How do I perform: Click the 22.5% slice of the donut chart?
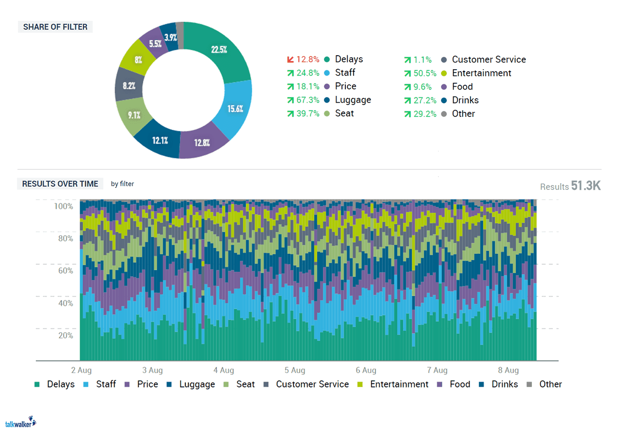[x=219, y=50]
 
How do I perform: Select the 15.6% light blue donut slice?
[x=236, y=108]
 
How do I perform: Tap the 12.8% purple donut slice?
[x=203, y=143]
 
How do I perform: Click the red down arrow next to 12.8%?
[x=290, y=60]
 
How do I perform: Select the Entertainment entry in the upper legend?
[x=481, y=73]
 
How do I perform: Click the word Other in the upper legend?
[x=463, y=114]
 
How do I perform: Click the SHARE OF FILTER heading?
[x=55, y=27]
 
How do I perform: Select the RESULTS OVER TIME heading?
[x=60, y=184]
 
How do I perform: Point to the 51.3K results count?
[x=586, y=186]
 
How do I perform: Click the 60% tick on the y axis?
[x=64, y=271]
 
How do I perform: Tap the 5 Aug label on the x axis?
[x=294, y=370]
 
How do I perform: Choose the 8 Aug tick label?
[x=508, y=370]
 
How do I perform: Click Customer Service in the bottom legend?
[x=312, y=384]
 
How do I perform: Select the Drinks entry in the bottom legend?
[x=505, y=384]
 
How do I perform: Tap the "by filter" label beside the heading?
[x=122, y=184]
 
